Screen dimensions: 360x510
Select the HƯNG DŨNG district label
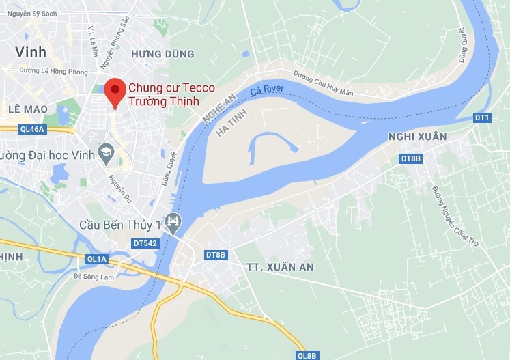[x=162, y=53]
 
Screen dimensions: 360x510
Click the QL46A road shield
[x=31, y=128]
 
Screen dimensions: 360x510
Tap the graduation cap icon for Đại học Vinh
[x=106, y=151]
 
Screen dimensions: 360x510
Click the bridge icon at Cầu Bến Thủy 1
[x=175, y=222]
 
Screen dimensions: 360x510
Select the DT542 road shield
[x=145, y=243]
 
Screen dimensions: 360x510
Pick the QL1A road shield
[x=97, y=259]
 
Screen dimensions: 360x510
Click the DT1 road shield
[x=482, y=117]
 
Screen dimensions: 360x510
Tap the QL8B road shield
[x=307, y=355]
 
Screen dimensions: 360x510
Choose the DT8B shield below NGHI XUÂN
[x=410, y=159]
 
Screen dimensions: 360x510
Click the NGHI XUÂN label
[x=416, y=137]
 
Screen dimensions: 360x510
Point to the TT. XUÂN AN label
[x=278, y=266]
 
